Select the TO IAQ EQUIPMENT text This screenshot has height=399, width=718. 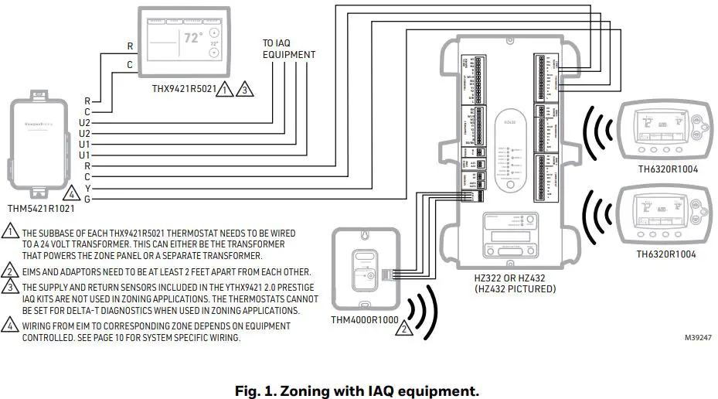click(288, 49)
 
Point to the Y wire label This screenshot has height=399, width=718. click(87, 188)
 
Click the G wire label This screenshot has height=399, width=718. click(87, 199)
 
